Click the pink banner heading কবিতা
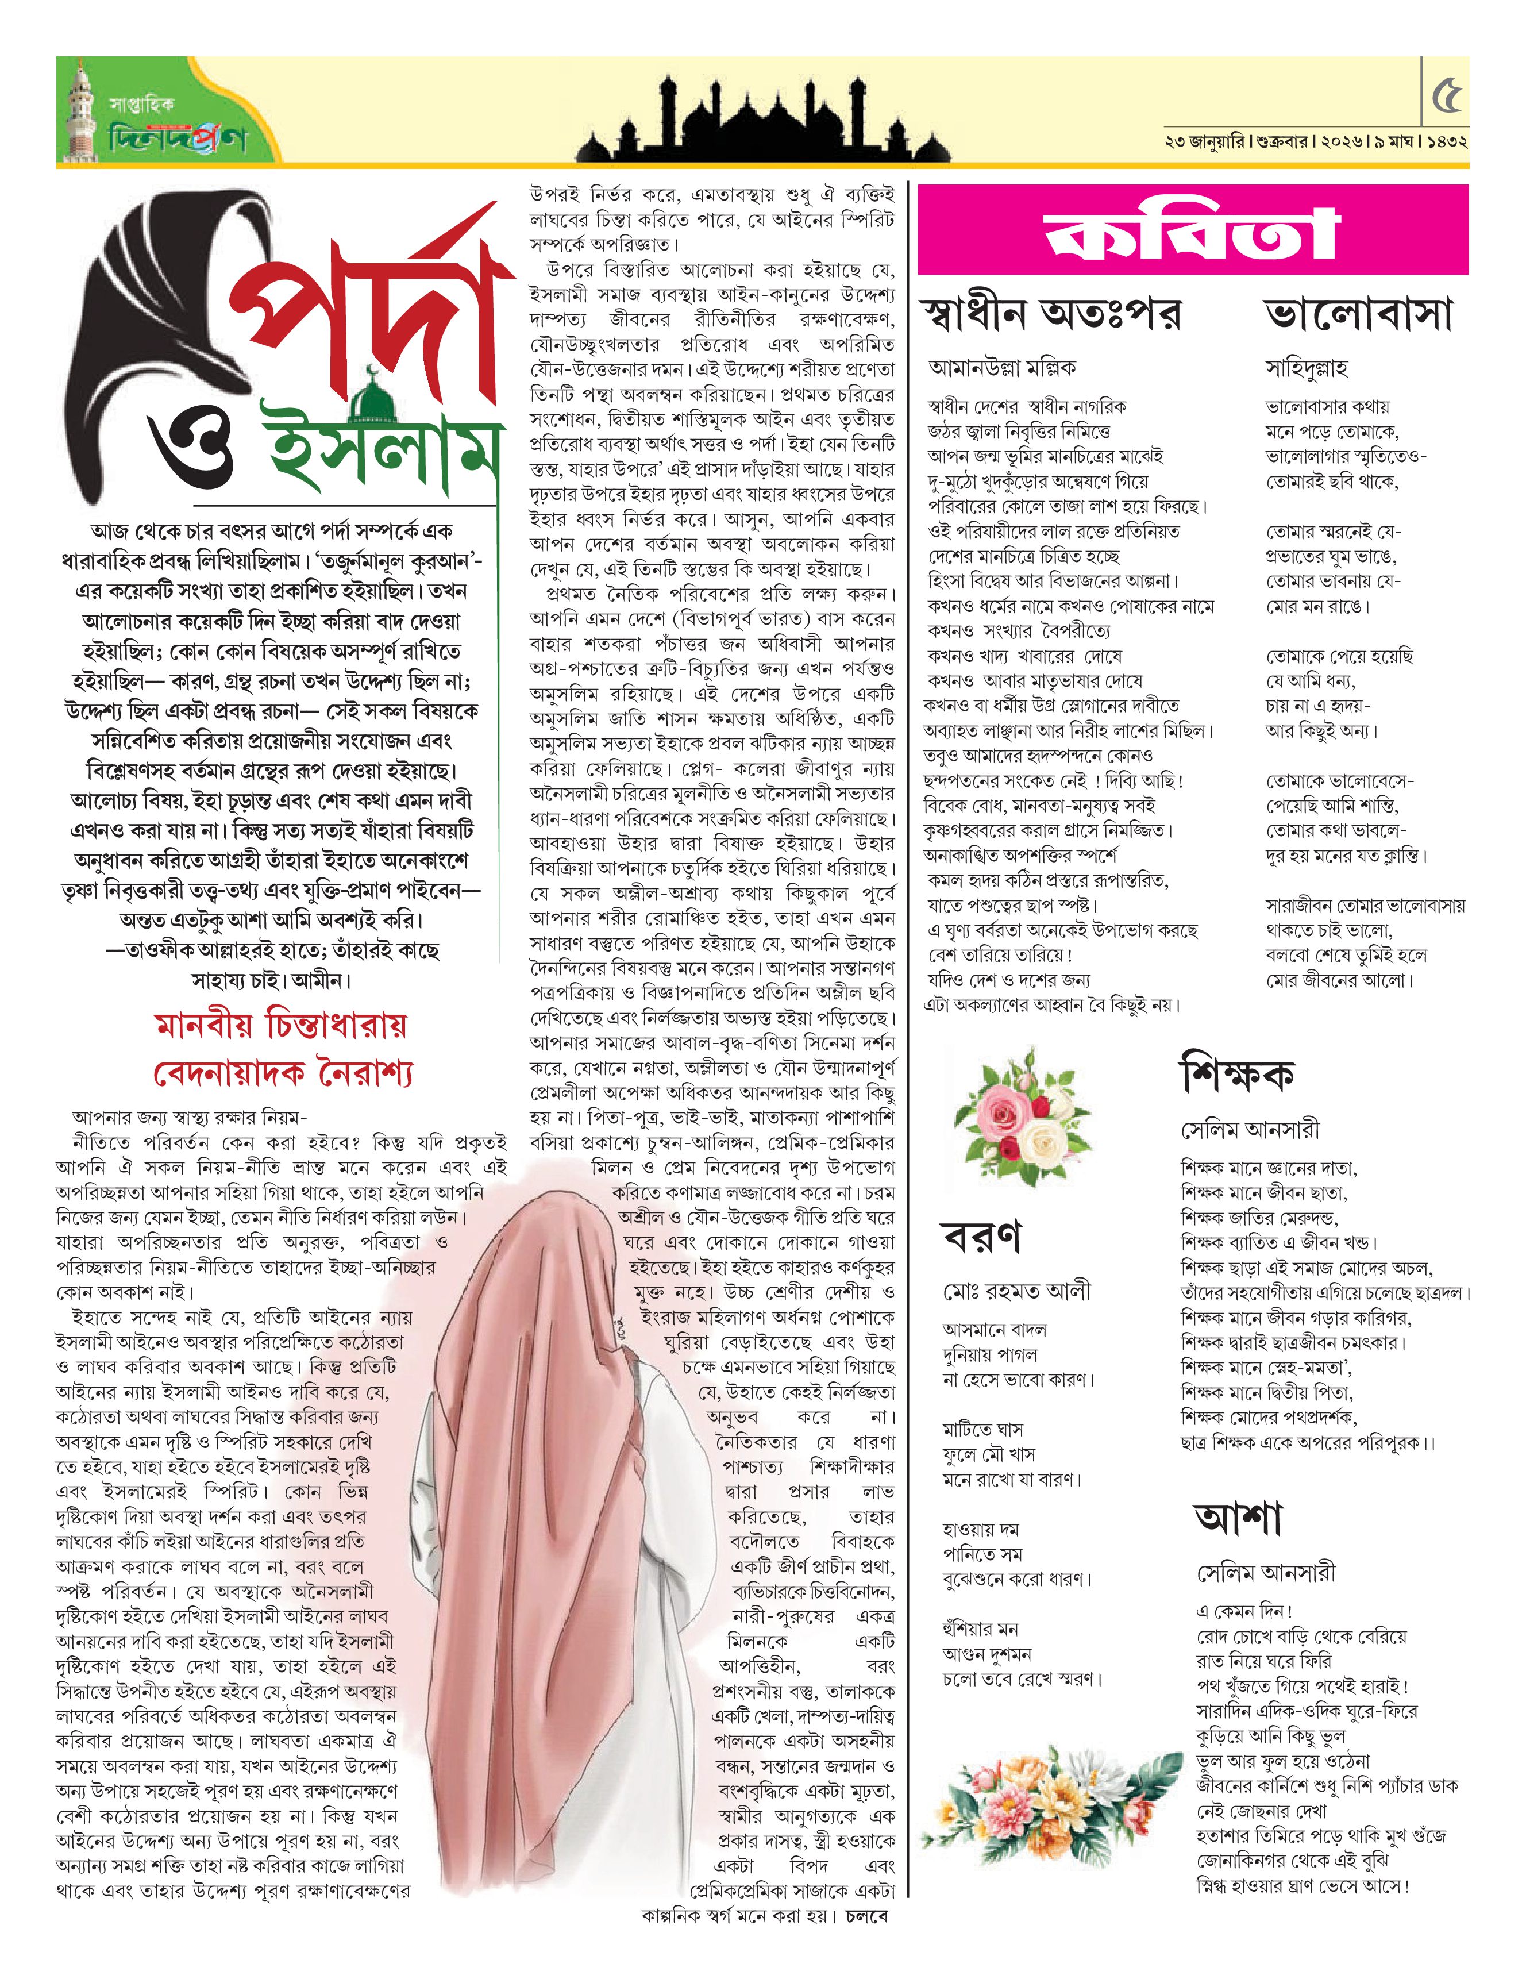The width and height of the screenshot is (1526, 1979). pyautogui.click(x=1193, y=232)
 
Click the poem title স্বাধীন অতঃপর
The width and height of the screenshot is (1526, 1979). pyautogui.click(x=1051, y=314)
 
